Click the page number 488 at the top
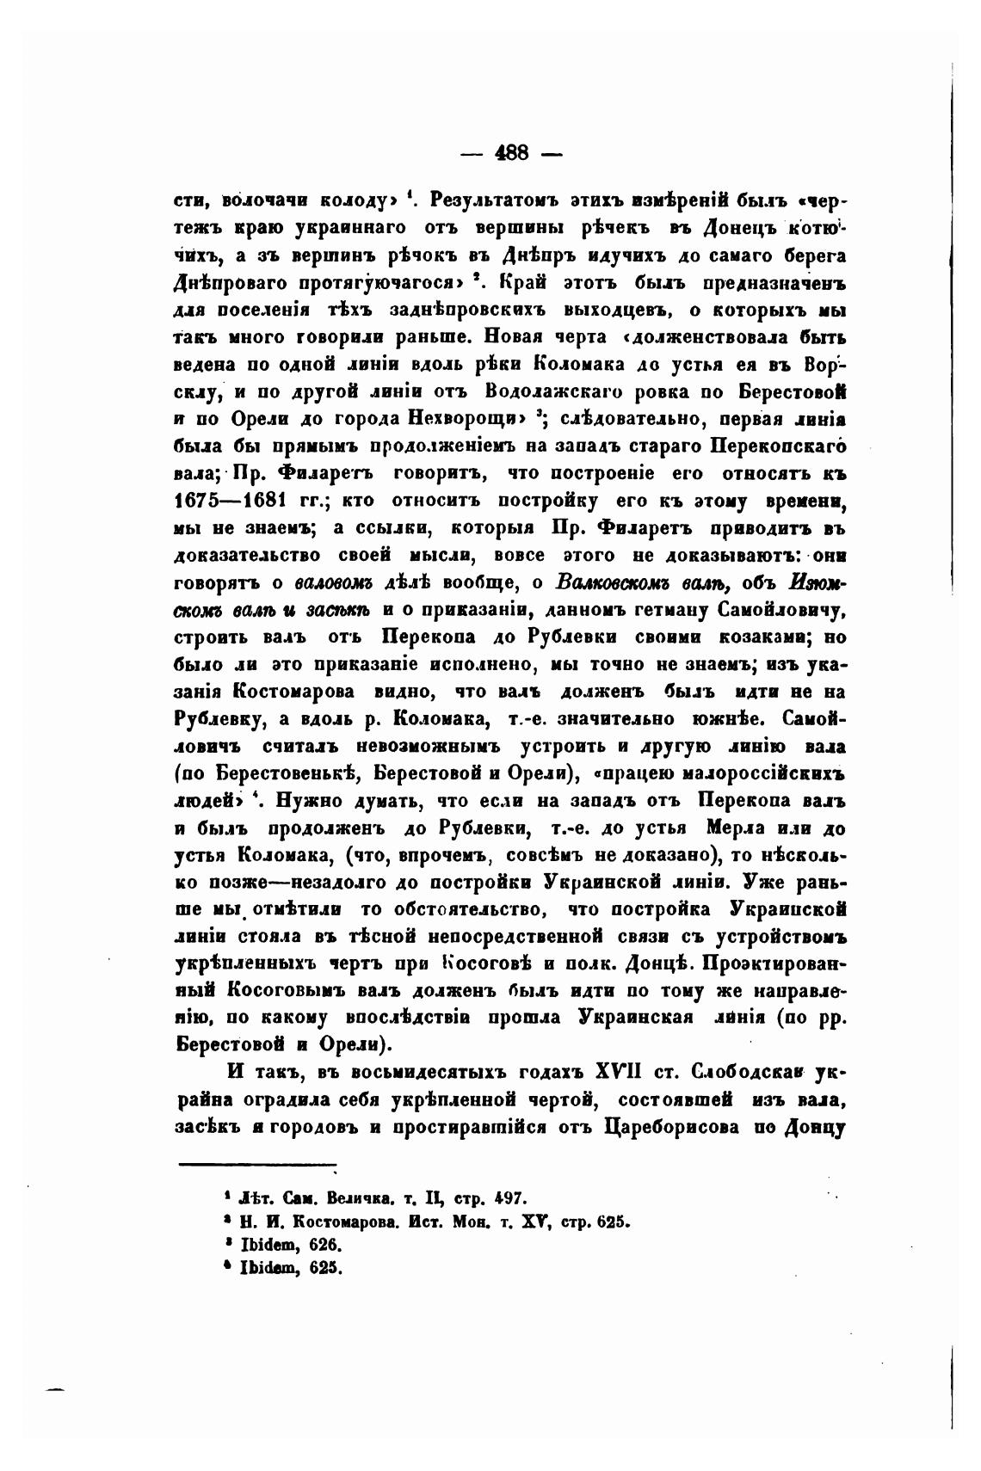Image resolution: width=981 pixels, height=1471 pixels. [x=510, y=154]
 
